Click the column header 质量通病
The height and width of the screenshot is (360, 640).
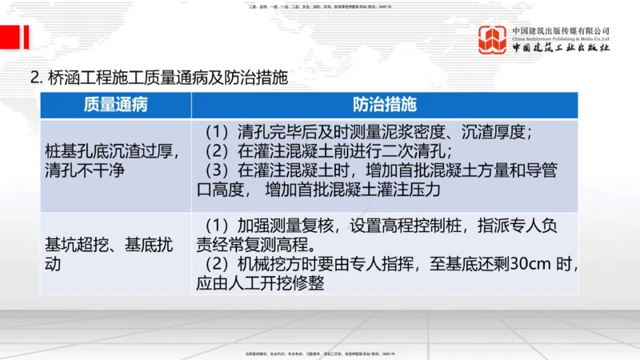tap(115, 106)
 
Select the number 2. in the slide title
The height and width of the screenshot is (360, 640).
tap(35, 78)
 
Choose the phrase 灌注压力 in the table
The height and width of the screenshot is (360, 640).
tap(407, 190)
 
